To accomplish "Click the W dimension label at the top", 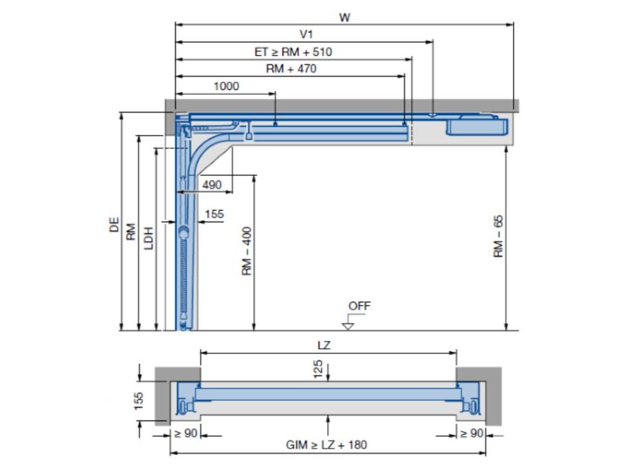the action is click(345, 17).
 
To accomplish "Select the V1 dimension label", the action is click(306, 34).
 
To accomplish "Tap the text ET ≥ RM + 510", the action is click(293, 52).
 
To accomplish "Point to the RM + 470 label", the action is click(291, 69).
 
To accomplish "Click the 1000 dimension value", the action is click(226, 86).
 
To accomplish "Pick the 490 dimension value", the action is click(212, 185).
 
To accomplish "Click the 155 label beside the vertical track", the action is click(215, 214).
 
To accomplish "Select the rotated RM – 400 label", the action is click(247, 251).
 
